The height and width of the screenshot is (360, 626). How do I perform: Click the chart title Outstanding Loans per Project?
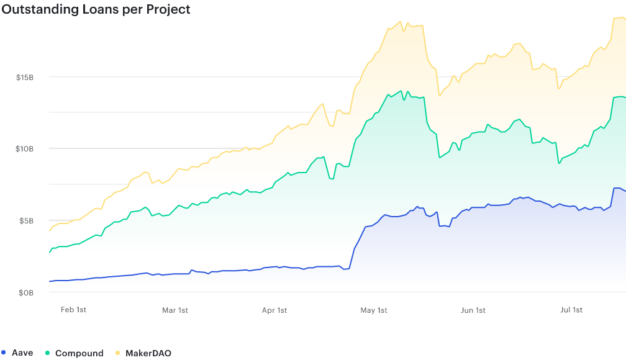tap(96, 9)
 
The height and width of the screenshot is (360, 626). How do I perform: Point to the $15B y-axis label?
tap(25, 78)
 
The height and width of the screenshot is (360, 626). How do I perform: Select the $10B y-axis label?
tap(25, 149)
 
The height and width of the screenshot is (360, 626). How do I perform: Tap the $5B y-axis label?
tap(27, 221)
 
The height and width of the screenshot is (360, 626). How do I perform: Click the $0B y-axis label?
tap(27, 292)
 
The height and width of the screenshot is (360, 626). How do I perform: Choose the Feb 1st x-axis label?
tap(73, 310)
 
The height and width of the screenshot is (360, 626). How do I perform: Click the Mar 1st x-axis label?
tap(175, 310)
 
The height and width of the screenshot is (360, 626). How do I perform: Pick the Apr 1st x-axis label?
tap(274, 310)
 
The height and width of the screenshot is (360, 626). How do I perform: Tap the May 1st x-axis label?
tap(374, 310)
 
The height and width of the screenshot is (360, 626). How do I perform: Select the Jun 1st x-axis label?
tap(473, 310)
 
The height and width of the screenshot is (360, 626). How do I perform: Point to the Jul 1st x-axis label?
tap(571, 310)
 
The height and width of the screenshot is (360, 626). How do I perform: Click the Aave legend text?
tap(22, 353)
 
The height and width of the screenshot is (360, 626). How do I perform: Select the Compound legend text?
tap(79, 353)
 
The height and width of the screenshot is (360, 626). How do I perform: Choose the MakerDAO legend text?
tap(148, 353)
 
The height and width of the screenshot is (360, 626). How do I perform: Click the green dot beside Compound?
tap(47, 353)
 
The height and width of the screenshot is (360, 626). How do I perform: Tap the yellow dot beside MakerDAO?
tap(117, 353)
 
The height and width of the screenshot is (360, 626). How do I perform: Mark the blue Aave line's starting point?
tap(50, 281)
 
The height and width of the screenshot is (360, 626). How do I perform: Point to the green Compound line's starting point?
tap(50, 252)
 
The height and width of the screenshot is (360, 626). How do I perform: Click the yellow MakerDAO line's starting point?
tap(50, 231)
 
